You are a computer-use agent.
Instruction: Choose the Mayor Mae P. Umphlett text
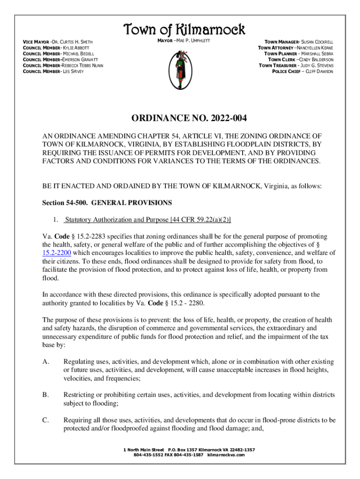pyautogui.click(x=182, y=42)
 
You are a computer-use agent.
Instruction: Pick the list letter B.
pyautogui.click(x=45, y=394)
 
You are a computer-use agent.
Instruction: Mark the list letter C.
pyautogui.click(x=45, y=420)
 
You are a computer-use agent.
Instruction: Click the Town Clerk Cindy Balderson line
pyautogui.click(x=301, y=60)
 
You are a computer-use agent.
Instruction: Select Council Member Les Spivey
pyautogui.click(x=50, y=72)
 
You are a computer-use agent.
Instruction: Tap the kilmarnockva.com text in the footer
pyautogui.click(x=226, y=455)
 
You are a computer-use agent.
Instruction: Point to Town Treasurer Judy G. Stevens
pyautogui.click(x=296, y=65)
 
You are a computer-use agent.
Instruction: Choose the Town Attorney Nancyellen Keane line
pyautogui.click(x=295, y=48)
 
